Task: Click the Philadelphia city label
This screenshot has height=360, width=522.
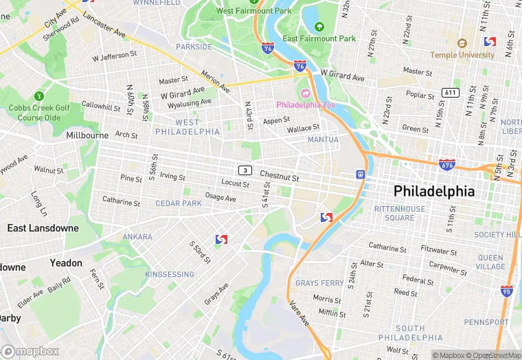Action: click(433, 190)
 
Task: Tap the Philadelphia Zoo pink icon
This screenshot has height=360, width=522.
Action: click(305, 93)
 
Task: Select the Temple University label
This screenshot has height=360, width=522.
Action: click(462, 54)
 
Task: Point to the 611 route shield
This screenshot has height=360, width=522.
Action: click(451, 93)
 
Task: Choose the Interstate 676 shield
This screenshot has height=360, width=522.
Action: click(446, 164)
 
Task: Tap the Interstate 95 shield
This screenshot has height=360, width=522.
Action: click(507, 291)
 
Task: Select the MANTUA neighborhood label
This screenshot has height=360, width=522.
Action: click(323, 139)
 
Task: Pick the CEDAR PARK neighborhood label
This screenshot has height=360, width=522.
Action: click(179, 203)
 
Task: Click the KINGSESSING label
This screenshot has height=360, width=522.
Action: click(170, 275)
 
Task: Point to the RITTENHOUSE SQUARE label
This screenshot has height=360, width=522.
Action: click(399, 213)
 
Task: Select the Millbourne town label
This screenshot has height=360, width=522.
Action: click(87, 135)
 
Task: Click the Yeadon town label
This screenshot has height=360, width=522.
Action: click(66, 263)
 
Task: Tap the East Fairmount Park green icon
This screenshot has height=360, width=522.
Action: click(319, 27)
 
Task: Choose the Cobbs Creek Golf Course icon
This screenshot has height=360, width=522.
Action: click(39, 95)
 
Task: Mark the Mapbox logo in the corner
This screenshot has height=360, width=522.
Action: click(30, 351)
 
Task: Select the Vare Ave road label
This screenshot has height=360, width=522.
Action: click(299, 313)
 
